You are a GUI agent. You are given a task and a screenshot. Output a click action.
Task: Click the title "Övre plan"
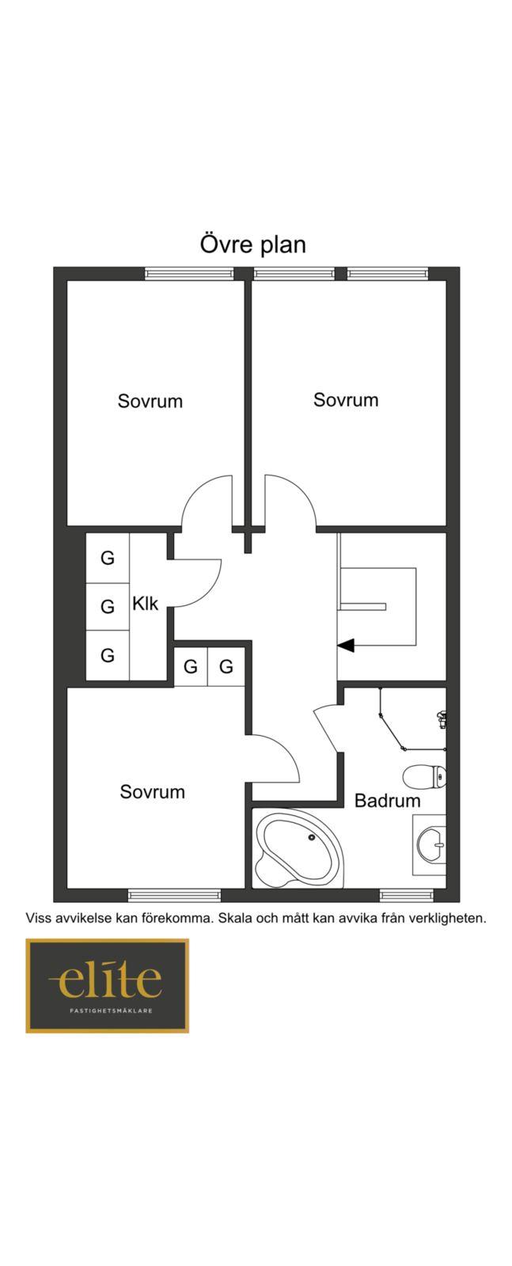(252, 244)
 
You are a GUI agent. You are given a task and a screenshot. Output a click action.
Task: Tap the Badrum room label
(387, 800)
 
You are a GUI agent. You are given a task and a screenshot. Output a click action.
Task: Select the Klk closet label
(145, 604)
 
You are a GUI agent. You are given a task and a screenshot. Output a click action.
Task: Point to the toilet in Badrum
(426, 776)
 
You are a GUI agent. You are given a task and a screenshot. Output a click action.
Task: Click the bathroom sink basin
(432, 843)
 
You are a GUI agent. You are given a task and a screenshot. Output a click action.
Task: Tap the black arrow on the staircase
(346, 646)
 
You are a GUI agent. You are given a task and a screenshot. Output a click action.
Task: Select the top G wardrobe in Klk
(108, 558)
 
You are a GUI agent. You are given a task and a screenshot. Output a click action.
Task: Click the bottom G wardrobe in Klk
(108, 655)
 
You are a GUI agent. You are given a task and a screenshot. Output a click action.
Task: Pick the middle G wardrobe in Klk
(108, 607)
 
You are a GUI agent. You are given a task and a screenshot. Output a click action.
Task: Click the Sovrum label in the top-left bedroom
(150, 400)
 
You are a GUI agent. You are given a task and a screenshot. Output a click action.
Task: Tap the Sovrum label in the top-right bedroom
(346, 400)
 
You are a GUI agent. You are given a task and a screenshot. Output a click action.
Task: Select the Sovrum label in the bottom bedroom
(153, 791)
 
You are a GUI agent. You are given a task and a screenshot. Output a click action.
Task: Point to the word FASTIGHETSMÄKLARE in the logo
(107, 1010)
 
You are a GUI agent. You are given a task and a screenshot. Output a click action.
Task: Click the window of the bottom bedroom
(174, 895)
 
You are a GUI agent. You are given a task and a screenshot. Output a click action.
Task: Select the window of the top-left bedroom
(189, 274)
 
